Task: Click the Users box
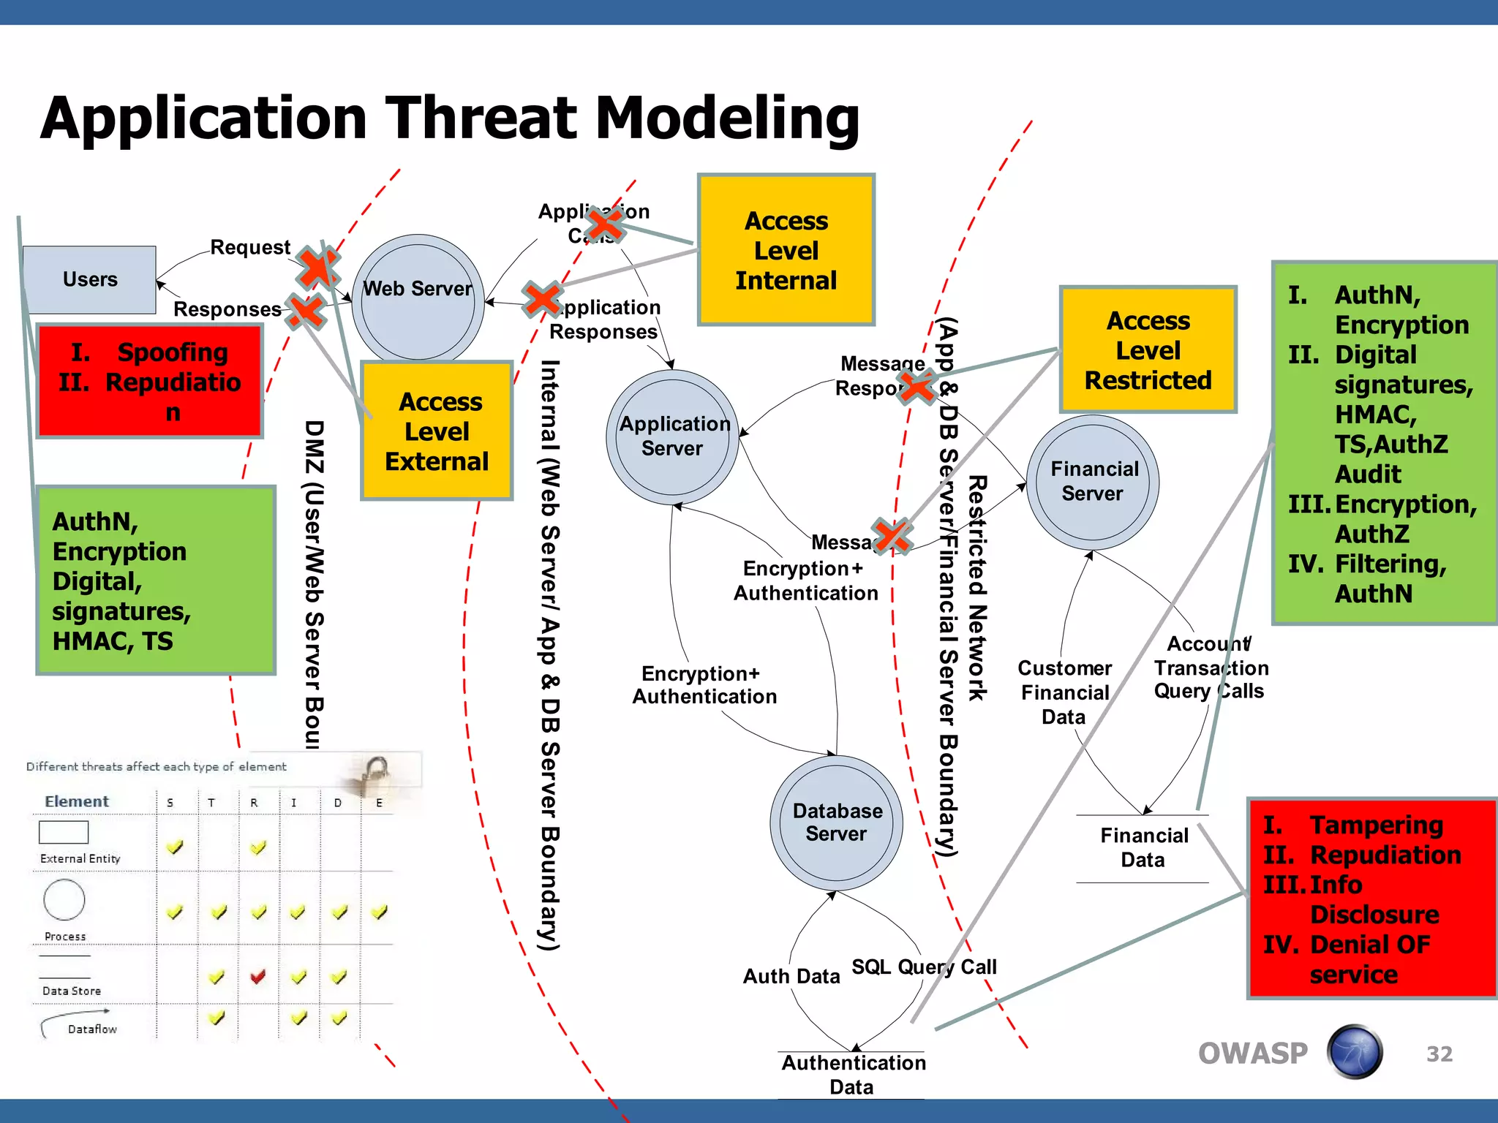click(89, 279)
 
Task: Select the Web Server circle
click(418, 298)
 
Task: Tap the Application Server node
click(673, 436)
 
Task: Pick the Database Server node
click(837, 822)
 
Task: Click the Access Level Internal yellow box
click(786, 250)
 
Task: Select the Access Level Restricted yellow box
click(1148, 350)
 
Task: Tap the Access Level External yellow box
click(437, 431)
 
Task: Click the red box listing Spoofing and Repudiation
click(150, 382)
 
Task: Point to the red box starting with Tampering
click(1371, 899)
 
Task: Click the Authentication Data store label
click(853, 1074)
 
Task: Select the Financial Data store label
click(1143, 847)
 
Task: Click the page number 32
click(1439, 1054)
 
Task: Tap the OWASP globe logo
click(1355, 1052)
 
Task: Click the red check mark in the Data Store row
click(257, 976)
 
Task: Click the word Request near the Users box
click(250, 247)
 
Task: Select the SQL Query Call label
click(923, 967)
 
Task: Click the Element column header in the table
click(77, 801)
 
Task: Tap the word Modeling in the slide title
click(727, 118)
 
